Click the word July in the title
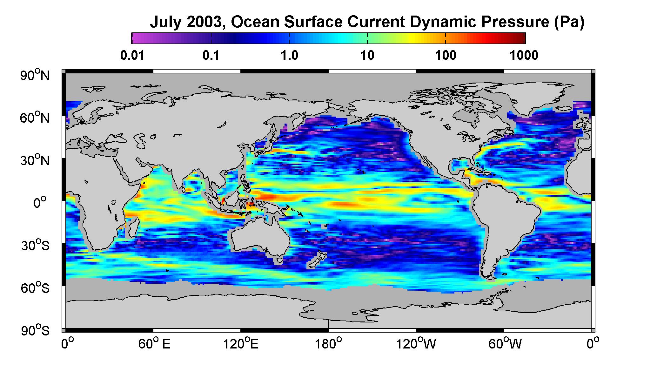(166, 23)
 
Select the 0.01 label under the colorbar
(132, 56)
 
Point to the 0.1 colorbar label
(211, 56)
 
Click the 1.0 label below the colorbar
(289, 56)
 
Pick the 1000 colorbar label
(524, 56)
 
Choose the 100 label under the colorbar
(446, 56)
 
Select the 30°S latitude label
(35, 245)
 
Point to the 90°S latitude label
(35, 330)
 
